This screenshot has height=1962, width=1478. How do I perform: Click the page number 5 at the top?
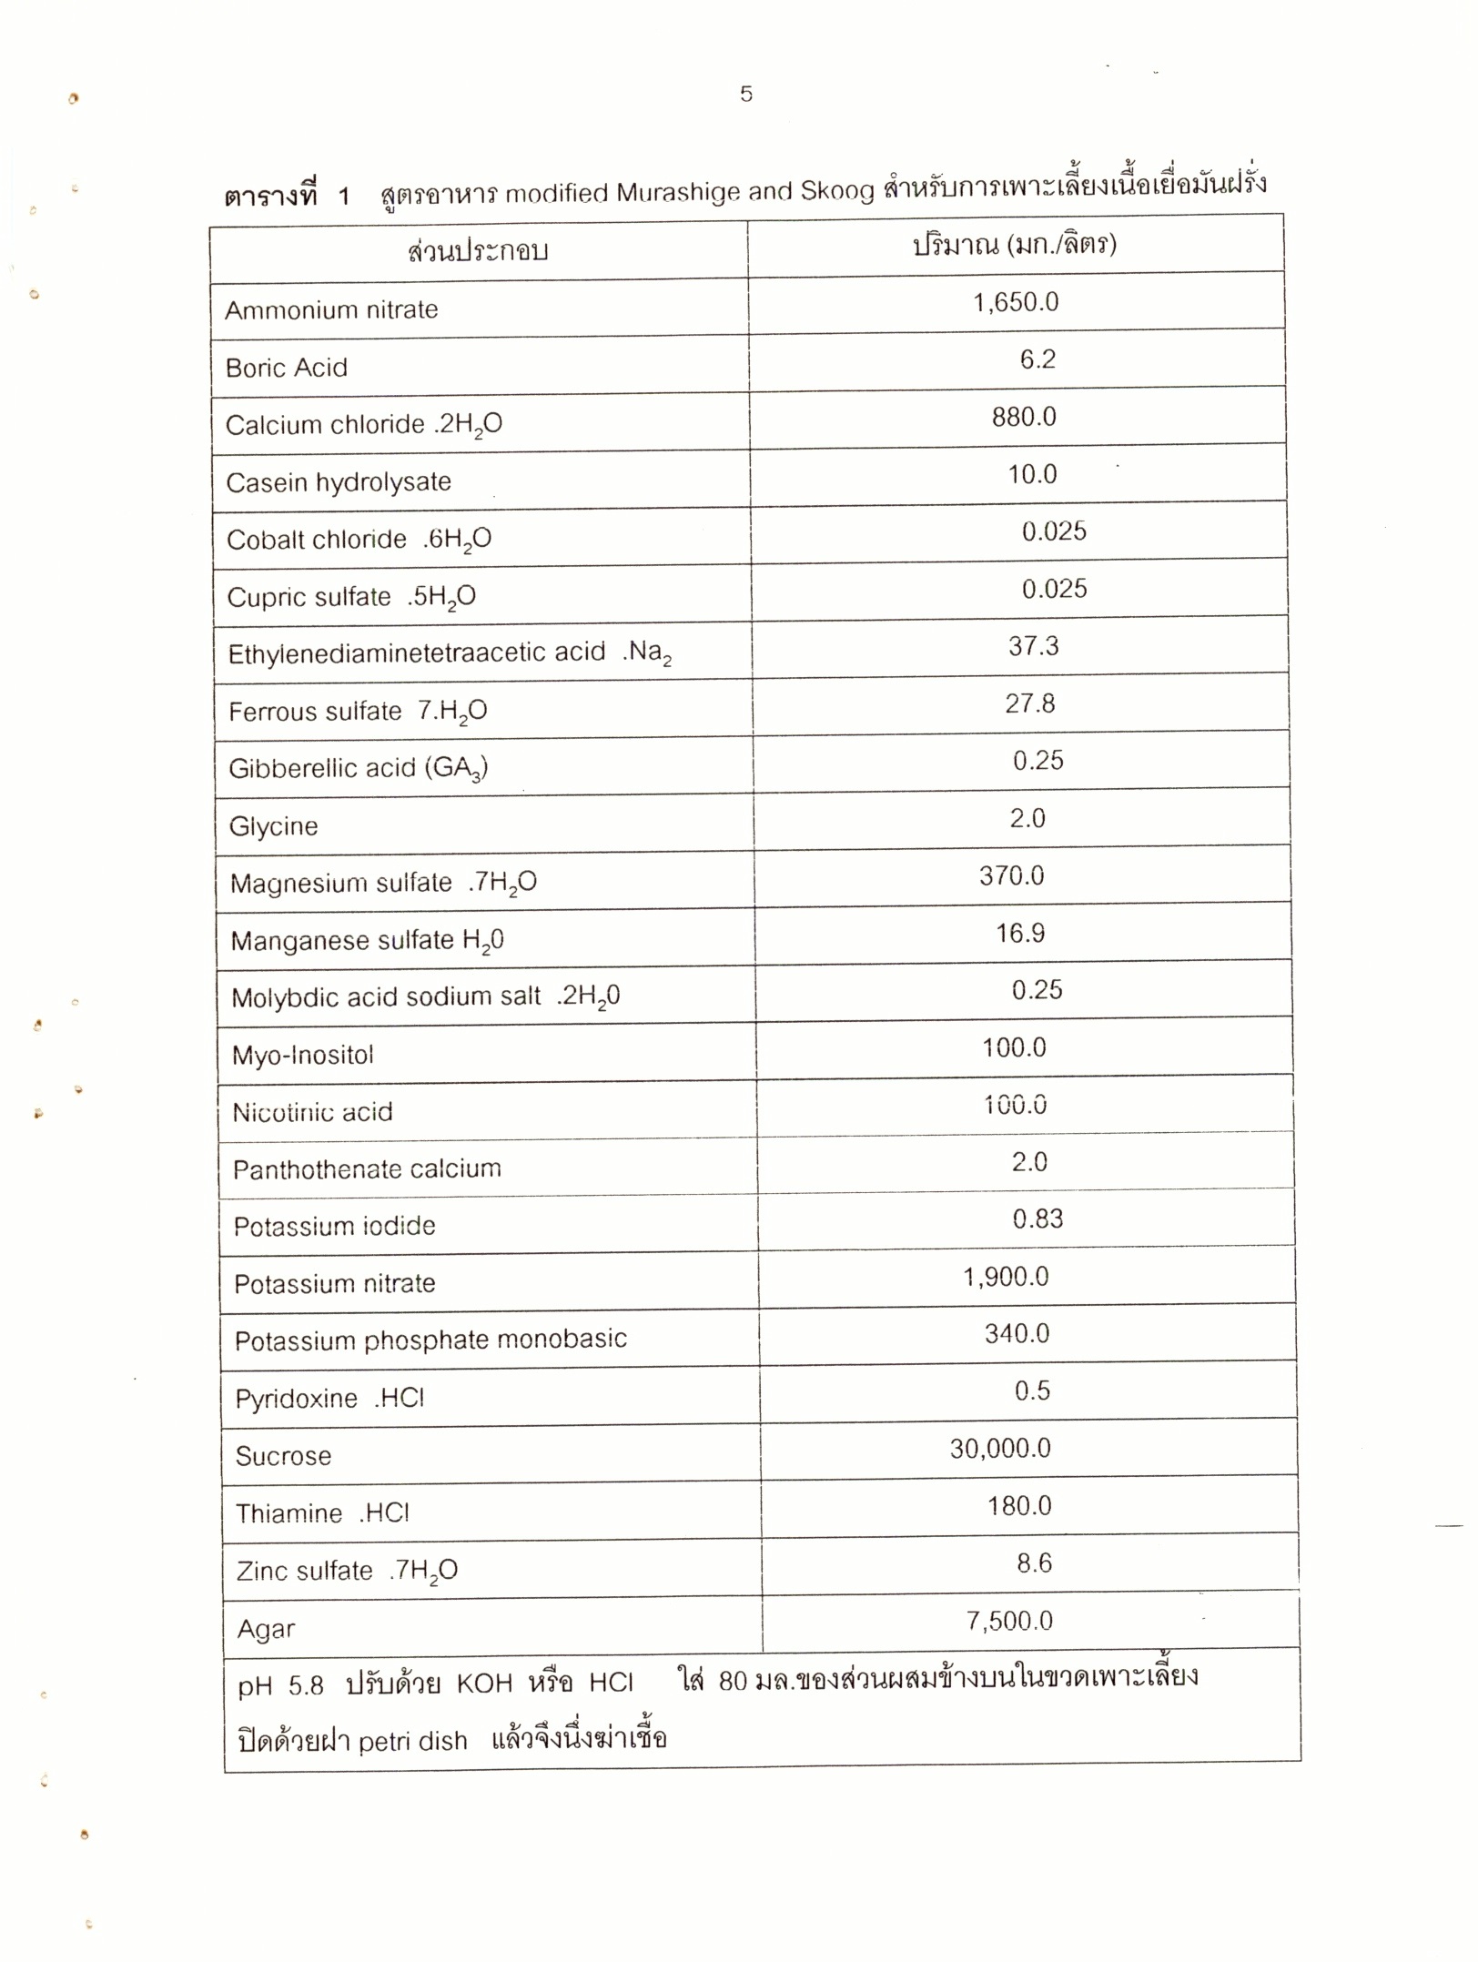click(x=746, y=94)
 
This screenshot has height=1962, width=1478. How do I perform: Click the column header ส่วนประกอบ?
click(x=478, y=251)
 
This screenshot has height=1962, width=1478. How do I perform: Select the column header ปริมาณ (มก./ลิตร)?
click(x=1015, y=244)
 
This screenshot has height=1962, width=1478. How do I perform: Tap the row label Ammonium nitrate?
click(x=331, y=310)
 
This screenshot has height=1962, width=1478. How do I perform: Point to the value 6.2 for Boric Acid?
click(x=1037, y=359)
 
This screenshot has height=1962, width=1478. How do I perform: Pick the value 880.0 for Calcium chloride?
click(x=1024, y=417)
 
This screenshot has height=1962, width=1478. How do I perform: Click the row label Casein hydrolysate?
click(x=339, y=482)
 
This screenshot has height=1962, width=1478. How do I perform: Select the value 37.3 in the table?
click(x=1033, y=646)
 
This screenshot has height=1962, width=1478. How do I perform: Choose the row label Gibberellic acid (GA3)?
click(x=358, y=769)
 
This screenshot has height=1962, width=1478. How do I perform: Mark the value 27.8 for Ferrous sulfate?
click(x=1029, y=703)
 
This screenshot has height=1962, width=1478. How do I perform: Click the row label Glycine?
click(x=273, y=826)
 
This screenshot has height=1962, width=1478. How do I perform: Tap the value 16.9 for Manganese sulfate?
click(x=1019, y=933)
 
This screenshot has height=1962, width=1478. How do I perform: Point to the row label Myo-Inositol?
click(x=302, y=1056)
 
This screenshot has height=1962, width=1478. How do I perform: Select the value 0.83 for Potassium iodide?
click(x=1038, y=1219)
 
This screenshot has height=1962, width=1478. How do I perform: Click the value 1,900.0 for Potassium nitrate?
click(x=1006, y=1277)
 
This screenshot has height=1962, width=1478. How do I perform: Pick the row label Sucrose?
click(x=283, y=1456)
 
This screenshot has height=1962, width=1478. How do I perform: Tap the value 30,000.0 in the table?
click(x=1000, y=1449)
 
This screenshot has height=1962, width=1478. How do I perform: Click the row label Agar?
click(x=266, y=1629)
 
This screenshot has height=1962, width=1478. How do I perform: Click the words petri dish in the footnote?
click(x=412, y=1742)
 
